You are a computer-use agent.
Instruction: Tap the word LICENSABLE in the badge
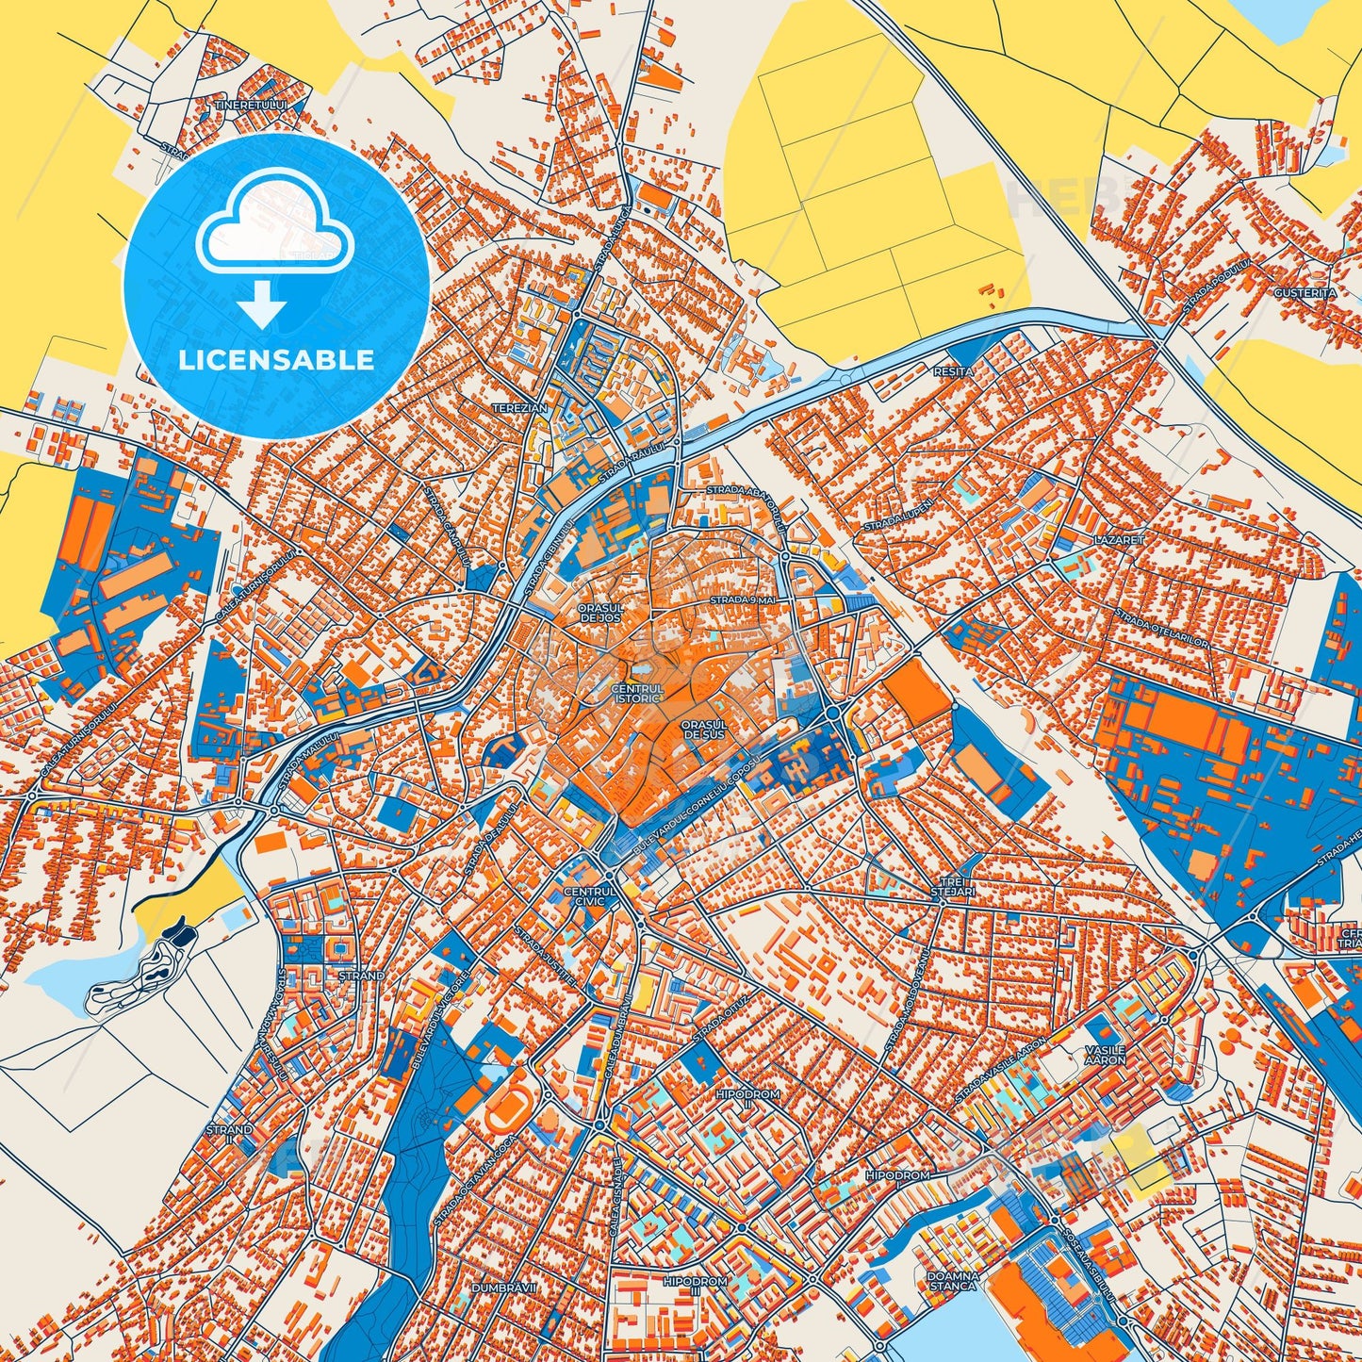pos(277,360)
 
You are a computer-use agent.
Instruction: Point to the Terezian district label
pos(519,408)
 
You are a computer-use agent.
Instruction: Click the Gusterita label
pos(1305,293)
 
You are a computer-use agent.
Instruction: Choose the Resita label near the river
pos(953,372)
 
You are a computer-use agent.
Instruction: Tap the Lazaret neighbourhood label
pos(1119,541)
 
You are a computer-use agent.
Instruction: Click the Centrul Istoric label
pos(638,694)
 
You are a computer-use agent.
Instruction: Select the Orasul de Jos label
pos(601,613)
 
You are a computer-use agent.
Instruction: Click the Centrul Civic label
pos(589,895)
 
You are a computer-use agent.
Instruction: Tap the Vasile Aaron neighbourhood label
pos(1105,1055)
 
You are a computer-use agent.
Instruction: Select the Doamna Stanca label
pos(955,1280)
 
